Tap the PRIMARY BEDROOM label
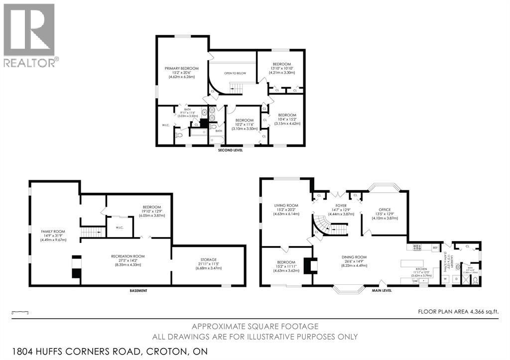tap(182, 68)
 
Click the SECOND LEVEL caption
tap(230, 150)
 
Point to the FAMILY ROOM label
tap(53, 232)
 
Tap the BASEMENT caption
tap(138, 290)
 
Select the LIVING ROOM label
tap(286, 205)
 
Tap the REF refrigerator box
tap(435, 247)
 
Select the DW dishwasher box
tap(415, 281)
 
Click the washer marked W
tap(446, 279)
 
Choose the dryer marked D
tap(456, 279)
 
